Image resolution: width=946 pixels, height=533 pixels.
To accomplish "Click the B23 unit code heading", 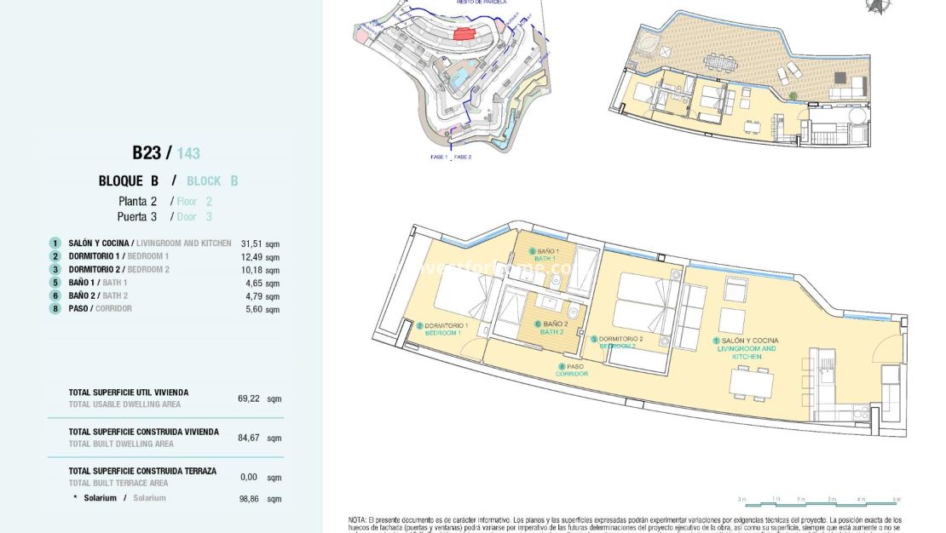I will pyautogui.click(x=146, y=153).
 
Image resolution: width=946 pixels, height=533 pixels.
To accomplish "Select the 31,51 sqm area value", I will pyautogui.click(x=259, y=244).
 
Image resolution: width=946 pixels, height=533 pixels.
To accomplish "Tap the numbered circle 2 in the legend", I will pyautogui.click(x=55, y=256).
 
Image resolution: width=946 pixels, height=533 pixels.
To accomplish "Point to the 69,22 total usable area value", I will pyautogui.click(x=249, y=398).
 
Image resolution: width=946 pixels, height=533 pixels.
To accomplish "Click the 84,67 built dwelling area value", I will pyautogui.click(x=249, y=438).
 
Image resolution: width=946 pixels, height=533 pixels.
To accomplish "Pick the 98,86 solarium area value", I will pyautogui.click(x=249, y=499).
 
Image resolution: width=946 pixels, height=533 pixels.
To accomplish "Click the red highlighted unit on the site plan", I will pyautogui.click(x=464, y=33).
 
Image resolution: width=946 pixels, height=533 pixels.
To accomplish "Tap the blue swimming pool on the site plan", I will pyautogui.click(x=458, y=79).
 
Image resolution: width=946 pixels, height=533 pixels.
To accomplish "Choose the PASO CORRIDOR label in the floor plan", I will pyautogui.click(x=571, y=370).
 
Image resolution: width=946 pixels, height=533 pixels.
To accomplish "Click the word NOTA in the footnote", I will pyautogui.click(x=357, y=519).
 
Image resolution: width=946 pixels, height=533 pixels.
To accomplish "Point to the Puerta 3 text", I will pyautogui.click(x=137, y=217).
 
